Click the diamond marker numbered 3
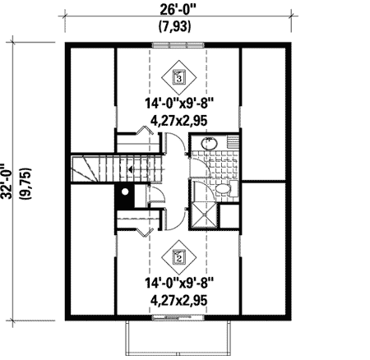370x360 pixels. [x=179, y=77]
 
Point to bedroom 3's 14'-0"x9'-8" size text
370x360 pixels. [x=178, y=105]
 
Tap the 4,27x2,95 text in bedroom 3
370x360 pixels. [x=178, y=121]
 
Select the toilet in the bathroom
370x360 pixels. [x=224, y=188]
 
